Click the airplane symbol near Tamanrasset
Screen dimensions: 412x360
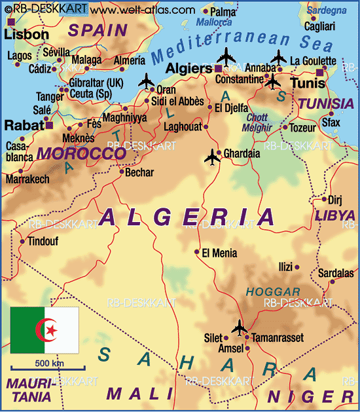click(x=240, y=326)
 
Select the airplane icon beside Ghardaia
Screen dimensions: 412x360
click(x=212, y=157)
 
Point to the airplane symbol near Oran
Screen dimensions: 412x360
click(x=146, y=81)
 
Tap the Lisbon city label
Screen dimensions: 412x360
click(x=26, y=35)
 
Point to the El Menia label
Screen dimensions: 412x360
click(x=219, y=253)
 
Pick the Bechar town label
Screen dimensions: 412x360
click(x=139, y=173)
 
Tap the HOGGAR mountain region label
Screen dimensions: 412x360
click(x=273, y=292)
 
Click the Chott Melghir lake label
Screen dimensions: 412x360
click(x=256, y=122)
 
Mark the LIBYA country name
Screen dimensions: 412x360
click(x=334, y=215)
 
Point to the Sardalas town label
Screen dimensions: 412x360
click(x=335, y=273)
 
